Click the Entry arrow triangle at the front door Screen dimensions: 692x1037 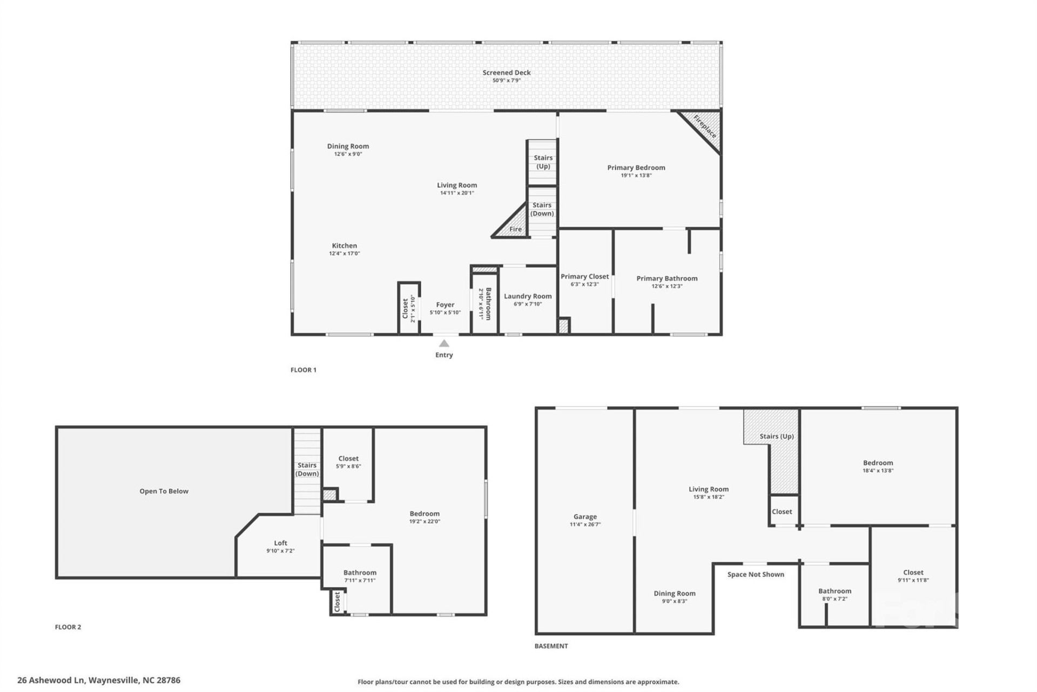(x=443, y=343)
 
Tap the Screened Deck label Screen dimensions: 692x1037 (x=506, y=72)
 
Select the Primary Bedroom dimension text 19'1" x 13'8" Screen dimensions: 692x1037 (x=636, y=176)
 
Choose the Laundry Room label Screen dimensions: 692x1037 (x=528, y=296)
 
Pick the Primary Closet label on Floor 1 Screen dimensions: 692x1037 (x=584, y=276)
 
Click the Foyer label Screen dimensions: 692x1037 (x=445, y=305)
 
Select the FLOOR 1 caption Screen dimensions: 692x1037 (x=304, y=370)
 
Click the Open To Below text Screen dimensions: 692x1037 (x=164, y=491)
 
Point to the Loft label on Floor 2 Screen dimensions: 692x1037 (x=280, y=543)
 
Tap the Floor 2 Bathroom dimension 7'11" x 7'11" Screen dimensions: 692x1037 (x=360, y=581)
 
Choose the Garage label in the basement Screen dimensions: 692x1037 (x=585, y=517)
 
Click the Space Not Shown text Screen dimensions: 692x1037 (x=755, y=575)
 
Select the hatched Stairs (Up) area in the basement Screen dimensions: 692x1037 (x=783, y=460)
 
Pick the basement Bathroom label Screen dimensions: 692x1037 (x=834, y=591)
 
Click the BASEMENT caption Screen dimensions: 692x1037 (x=551, y=646)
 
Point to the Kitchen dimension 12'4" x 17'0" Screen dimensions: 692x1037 (x=344, y=254)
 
